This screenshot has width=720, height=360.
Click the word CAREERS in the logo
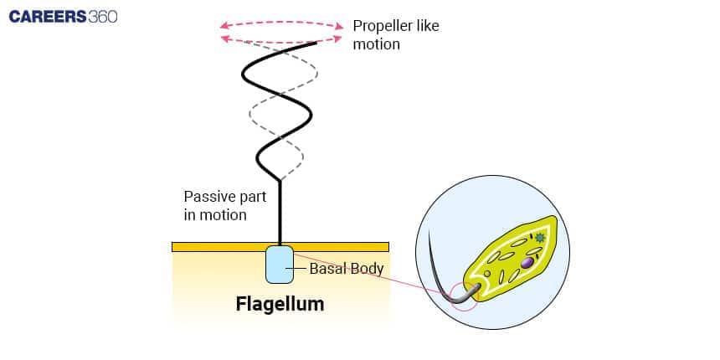pyautogui.click(x=47, y=17)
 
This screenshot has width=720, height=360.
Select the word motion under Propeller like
pyautogui.click(x=376, y=44)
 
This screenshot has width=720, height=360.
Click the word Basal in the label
pyautogui.click(x=327, y=269)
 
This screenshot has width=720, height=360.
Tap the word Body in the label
pyautogui.click(x=367, y=269)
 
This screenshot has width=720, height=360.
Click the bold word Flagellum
pyautogui.click(x=280, y=305)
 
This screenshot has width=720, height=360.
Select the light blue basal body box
pyautogui.click(x=280, y=265)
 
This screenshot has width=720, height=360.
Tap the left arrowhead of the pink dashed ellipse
pyautogui.click(x=224, y=26)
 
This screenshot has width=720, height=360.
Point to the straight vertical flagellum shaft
pyautogui.click(x=280, y=213)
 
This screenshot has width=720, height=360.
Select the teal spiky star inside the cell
pyautogui.click(x=540, y=239)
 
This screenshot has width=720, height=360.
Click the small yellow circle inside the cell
pyautogui.click(x=487, y=273)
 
